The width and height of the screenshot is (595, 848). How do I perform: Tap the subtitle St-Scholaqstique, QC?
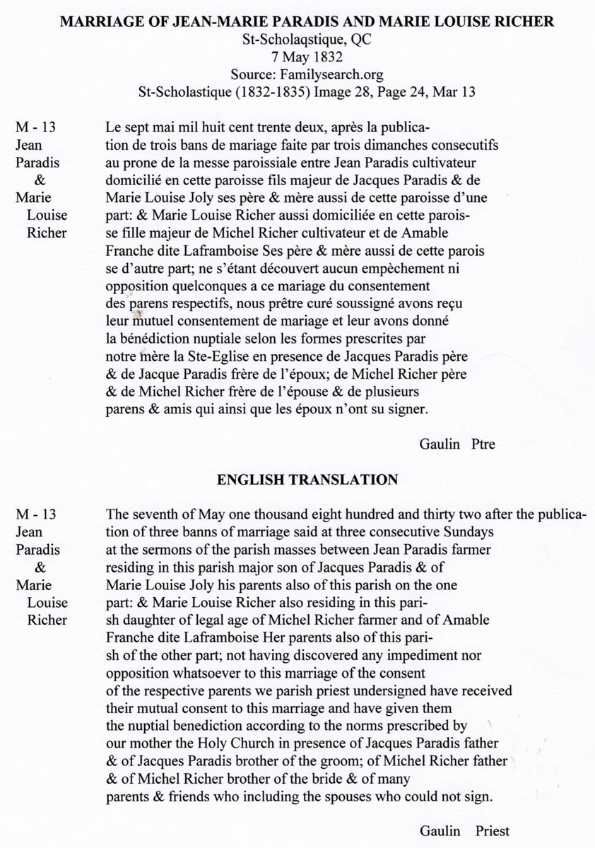tap(297, 40)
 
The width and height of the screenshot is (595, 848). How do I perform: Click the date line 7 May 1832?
tap(297, 57)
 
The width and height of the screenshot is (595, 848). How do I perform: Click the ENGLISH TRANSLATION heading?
tap(307, 480)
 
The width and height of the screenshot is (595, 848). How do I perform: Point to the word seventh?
tap(153, 514)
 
